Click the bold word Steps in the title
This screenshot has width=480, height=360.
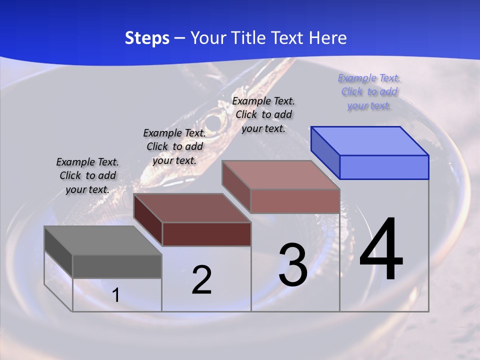coord(147,38)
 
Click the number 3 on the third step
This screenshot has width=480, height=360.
coord(293,265)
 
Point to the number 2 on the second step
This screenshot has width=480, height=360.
coord(201,280)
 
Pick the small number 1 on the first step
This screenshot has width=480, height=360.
coord(116,295)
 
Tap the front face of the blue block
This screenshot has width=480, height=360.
coord(384,167)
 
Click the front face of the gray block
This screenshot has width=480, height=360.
coord(117,266)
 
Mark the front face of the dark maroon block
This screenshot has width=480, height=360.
coord(206,234)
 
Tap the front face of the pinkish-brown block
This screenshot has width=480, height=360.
coord(295,201)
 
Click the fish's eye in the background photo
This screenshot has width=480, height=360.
coord(213,121)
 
